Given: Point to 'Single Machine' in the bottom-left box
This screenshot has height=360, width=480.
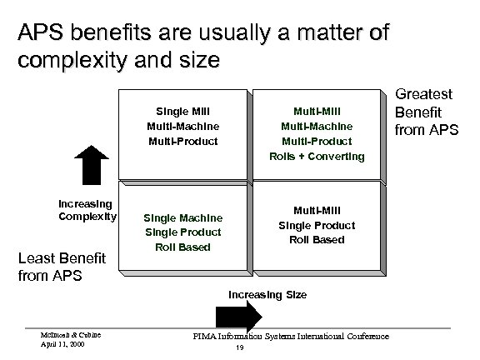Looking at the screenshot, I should point(182,217).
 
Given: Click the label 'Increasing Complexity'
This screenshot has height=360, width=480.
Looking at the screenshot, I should point(86,211).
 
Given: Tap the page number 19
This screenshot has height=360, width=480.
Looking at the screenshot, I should point(239,348).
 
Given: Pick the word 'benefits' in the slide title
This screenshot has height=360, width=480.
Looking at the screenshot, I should point(113,35).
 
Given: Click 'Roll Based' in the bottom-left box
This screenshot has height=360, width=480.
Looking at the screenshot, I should point(182,247).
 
